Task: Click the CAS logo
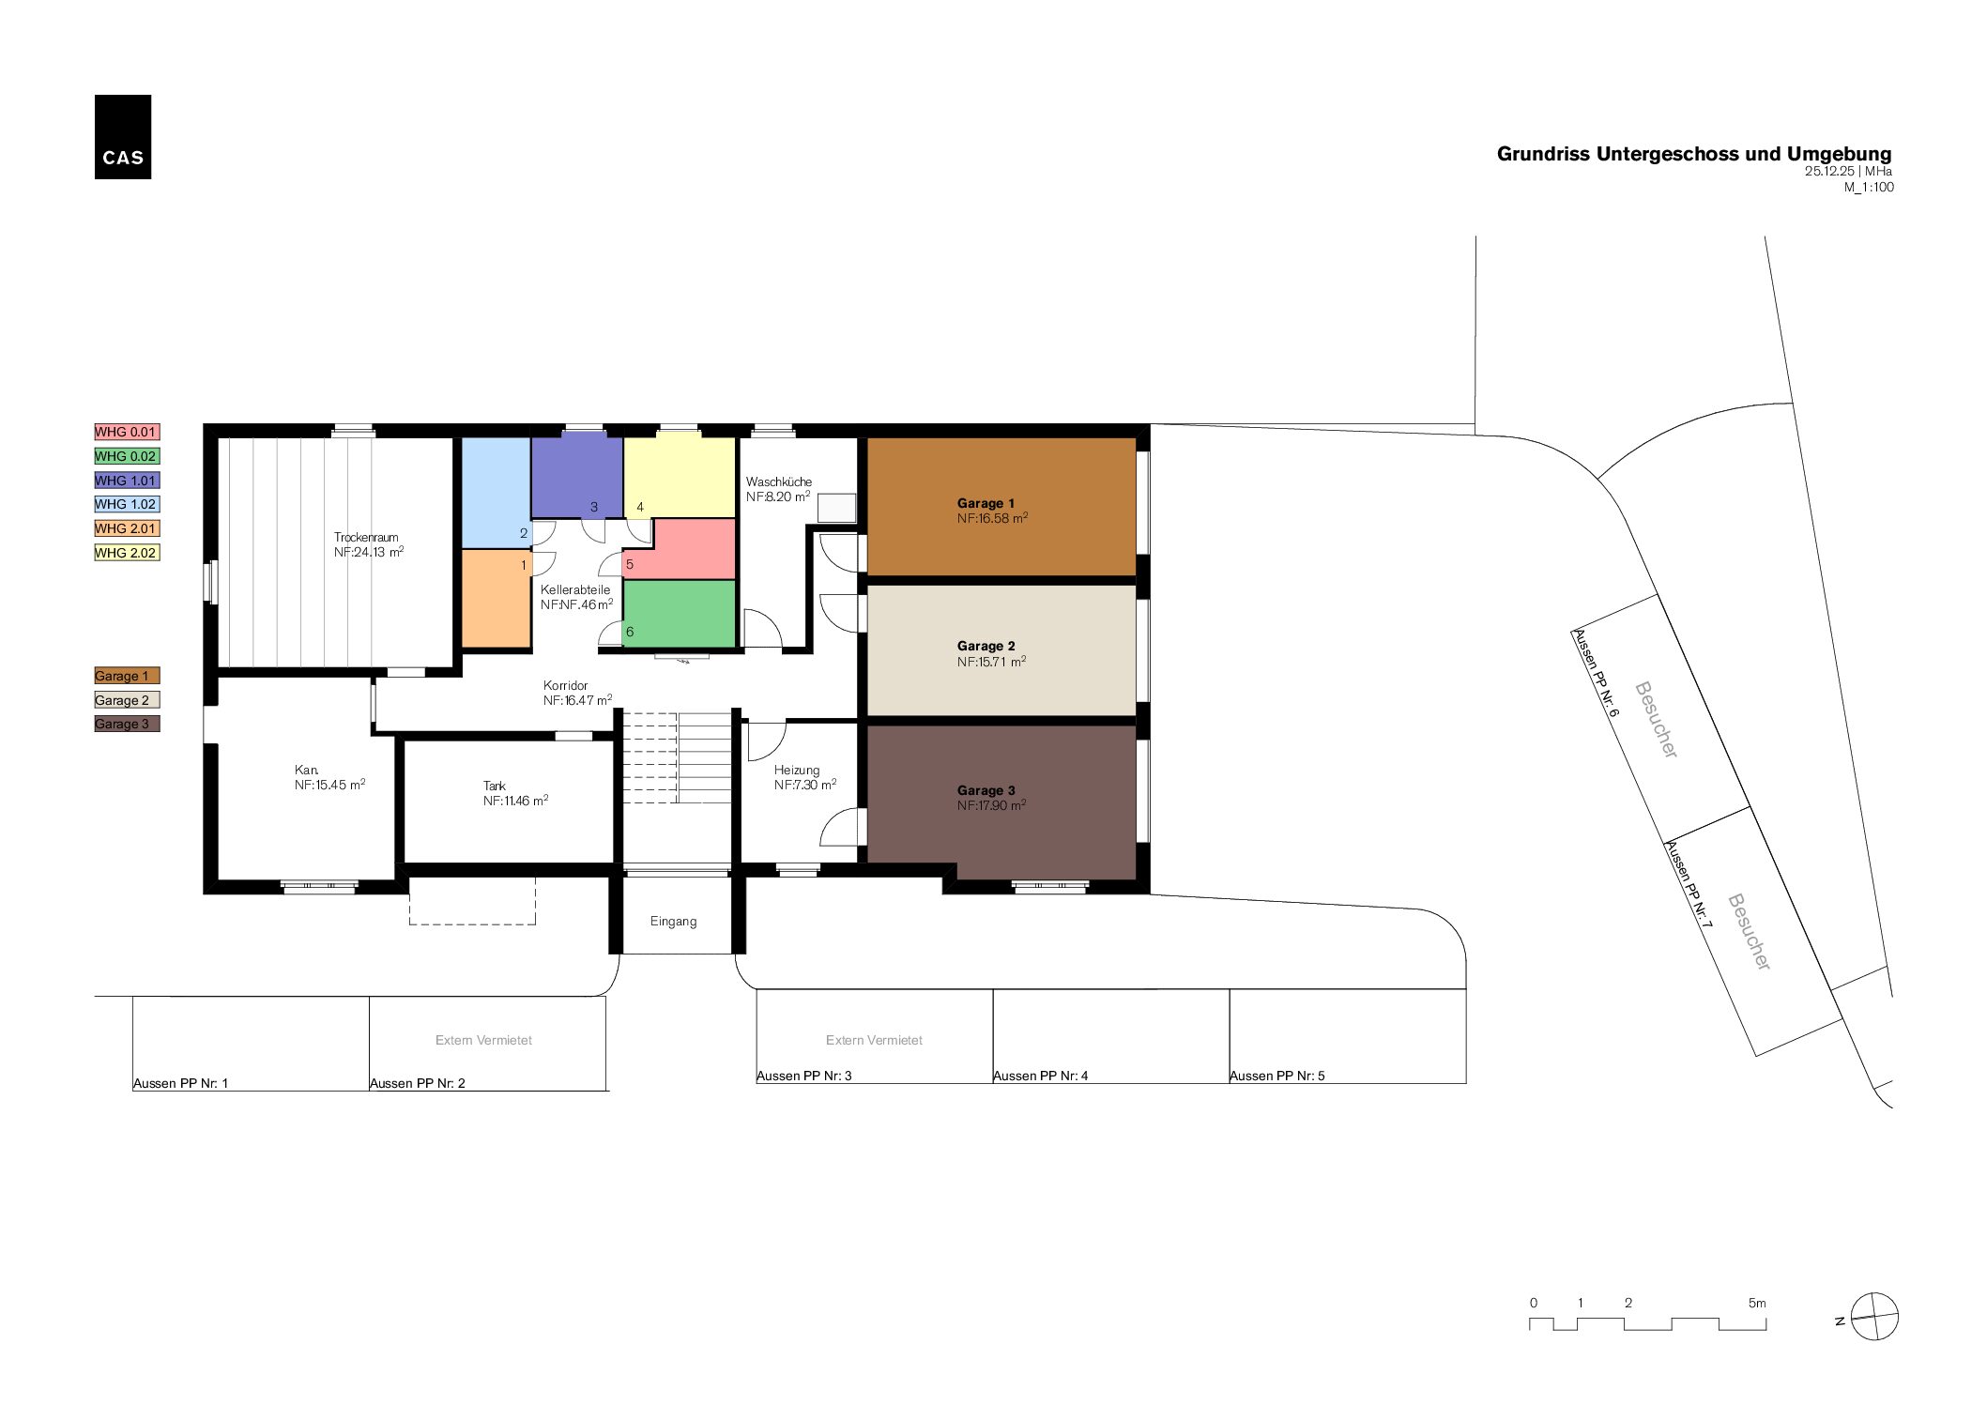click(x=123, y=137)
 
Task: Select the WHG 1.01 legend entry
click(x=127, y=481)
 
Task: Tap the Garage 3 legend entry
click(x=127, y=724)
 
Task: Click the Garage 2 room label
click(x=986, y=646)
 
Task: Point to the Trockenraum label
click(x=366, y=538)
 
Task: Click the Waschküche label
click(x=779, y=481)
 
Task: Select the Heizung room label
click(x=797, y=770)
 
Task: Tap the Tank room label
click(x=495, y=786)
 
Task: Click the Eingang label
click(x=674, y=922)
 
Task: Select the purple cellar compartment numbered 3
click(x=577, y=476)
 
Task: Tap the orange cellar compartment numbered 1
click(x=497, y=598)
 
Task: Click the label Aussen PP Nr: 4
click(x=1041, y=1076)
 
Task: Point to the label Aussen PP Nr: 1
click(x=181, y=1083)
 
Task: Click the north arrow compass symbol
click(x=1874, y=1317)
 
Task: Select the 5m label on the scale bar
click(x=1757, y=1303)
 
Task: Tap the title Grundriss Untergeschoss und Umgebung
click(x=1694, y=154)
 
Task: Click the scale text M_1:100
click(x=1869, y=187)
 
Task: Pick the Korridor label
click(x=566, y=685)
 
